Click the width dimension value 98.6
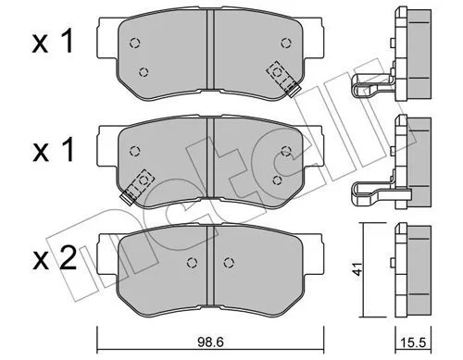click(211, 342)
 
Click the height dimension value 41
click(358, 269)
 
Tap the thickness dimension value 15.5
click(413, 342)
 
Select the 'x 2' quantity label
click(55, 259)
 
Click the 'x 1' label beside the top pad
click(53, 41)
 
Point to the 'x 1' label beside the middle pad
click(54, 150)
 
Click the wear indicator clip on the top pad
click(283, 79)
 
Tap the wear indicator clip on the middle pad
click(137, 186)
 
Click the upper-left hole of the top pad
click(134, 43)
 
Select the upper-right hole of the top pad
click(286, 43)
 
